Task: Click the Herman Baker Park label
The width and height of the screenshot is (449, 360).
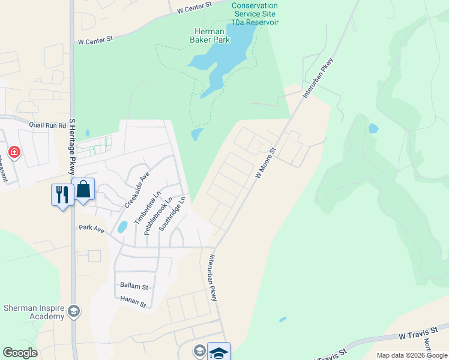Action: tap(209, 36)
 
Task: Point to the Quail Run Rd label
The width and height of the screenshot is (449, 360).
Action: tap(47, 125)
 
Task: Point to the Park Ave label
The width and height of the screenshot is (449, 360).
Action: tap(91, 229)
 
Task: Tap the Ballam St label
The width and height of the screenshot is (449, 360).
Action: tap(133, 286)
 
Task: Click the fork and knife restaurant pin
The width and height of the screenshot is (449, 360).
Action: tap(62, 194)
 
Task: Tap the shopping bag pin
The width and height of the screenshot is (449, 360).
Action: tap(83, 190)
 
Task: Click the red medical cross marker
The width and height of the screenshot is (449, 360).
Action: tap(14, 152)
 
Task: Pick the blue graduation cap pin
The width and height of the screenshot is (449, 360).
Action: tap(218, 352)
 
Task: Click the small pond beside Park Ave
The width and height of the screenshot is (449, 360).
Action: tap(122, 227)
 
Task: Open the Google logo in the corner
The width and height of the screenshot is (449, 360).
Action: tap(20, 353)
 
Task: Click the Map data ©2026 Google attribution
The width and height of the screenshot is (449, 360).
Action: tap(412, 355)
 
